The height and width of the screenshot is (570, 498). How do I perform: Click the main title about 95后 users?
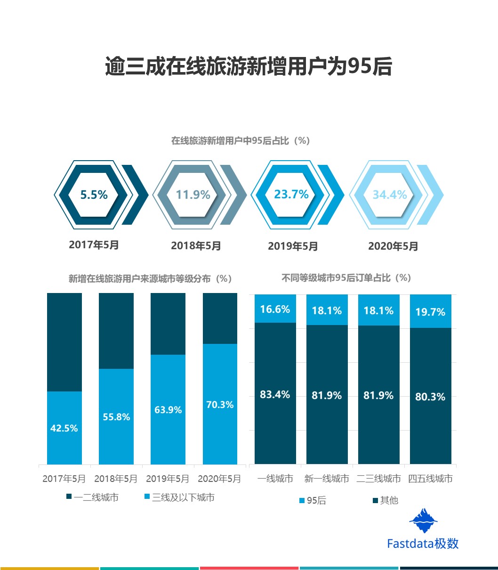pyautogui.click(x=249, y=67)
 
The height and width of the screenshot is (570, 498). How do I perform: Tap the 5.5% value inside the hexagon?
pyautogui.click(x=94, y=195)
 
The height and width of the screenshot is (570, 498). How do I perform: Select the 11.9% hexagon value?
pyautogui.click(x=193, y=195)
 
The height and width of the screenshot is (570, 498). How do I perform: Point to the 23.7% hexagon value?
pyautogui.click(x=291, y=194)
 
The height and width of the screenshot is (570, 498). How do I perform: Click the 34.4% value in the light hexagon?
pyautogui.click(x=390, y=195)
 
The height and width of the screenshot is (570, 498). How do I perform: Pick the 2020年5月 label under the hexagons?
pyautogui.click(x=393, y=246)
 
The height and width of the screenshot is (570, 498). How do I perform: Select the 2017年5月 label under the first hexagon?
pyautogui.click(x=94, y=244)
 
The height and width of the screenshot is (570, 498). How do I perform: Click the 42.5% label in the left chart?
pyautogui.click(x=64, y=428)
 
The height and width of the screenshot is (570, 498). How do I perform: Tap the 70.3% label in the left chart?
pyautogui.click(x=220, y=405)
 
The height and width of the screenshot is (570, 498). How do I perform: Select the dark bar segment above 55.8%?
pyautogui.click(x=116, y=331)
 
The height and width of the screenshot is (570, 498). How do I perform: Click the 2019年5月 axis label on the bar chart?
pyautogui.click(x=168, y=479)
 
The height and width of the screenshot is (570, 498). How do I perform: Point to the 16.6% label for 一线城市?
pyautogui.click(x=275, y=309)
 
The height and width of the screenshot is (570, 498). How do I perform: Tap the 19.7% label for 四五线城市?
pyautogui.click(x=430, y=312)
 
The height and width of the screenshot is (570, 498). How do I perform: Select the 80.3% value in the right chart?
pyautogui.click(x=430, y=397)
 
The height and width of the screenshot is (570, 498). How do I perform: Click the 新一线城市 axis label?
pyautogui.click(x=327, y=479)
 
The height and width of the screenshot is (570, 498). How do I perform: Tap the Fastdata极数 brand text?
pyautogui.click(x=423, y=543)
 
